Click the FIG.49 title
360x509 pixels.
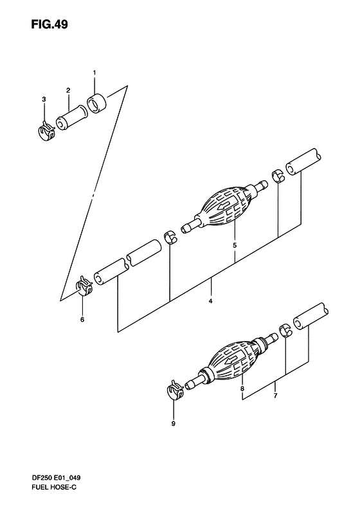[50, 24]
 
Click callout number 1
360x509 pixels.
[94, 73]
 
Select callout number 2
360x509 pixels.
[68, 90]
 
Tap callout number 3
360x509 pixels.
[44, 99]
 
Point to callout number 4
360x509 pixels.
[210, 301]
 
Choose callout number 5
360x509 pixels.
[235, 245]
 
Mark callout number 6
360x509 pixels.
[82, 320]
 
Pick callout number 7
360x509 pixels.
[275, 396]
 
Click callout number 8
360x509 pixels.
[242, 388]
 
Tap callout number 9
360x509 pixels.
[173, 423]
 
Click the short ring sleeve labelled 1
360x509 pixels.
[96, 104]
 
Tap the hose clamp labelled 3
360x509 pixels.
[45, 131]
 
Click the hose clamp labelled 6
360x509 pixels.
[84, 286]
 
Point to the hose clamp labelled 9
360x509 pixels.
[175, 389]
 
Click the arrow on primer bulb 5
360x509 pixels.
[224, 205]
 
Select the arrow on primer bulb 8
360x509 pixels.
[232, 359]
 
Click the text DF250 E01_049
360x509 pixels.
[56, 478]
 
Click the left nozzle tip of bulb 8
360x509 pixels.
[187, 385]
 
